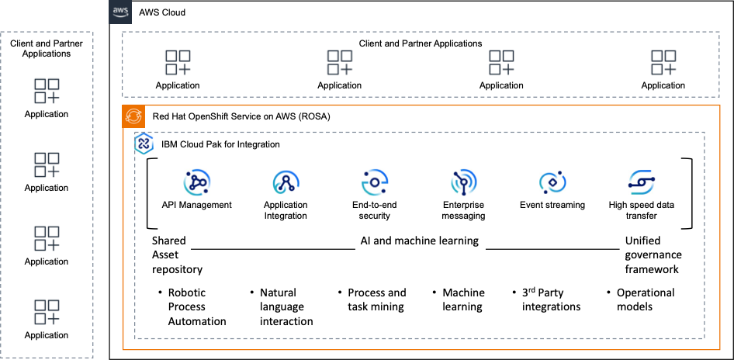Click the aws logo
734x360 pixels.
120,12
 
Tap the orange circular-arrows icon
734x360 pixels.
133,116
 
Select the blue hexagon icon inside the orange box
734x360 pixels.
144,144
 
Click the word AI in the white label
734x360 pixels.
365,241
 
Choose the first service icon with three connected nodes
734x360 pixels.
197,182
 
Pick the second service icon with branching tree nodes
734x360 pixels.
286,182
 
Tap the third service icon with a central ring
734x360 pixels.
375,182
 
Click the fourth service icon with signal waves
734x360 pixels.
464,182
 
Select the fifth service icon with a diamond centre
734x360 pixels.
552,182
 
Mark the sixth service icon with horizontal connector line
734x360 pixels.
642,182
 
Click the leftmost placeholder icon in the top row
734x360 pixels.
178,63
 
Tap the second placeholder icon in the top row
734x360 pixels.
340,63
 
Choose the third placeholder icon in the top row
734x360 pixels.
502,63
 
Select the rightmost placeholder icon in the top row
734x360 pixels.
664,63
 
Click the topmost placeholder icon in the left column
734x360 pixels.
47,91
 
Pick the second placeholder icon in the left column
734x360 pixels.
47,164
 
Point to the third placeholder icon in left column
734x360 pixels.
47,238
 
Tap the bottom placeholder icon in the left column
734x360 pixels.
47,312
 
